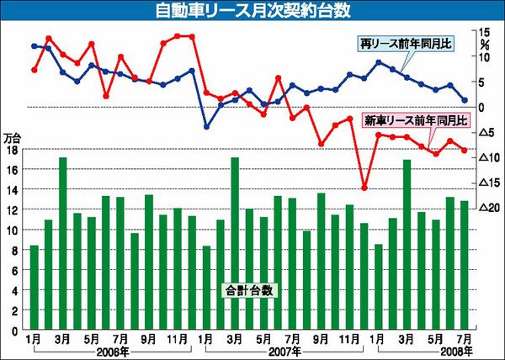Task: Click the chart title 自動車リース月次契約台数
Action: pyautogui.click(x=252, y=13)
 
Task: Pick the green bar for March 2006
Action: pyautogui.click(x=63, y=244)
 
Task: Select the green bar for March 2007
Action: pyautogui.click(x=235, y=244)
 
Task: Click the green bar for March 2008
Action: pyautogui.click(x=407, y=245)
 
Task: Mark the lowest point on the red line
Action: pyautogui.click(x=364, y=188)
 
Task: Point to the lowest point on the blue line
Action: pyautogui.click(x=206, y=127)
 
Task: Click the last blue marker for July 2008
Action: pyautogui.click(x=464, y=100)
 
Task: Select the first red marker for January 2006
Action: pyautogui.click(x=35, y=70)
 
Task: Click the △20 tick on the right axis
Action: pyautogui.click(x=487, y=208)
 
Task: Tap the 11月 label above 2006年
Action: pyautogui.click(x=177, y=339)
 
